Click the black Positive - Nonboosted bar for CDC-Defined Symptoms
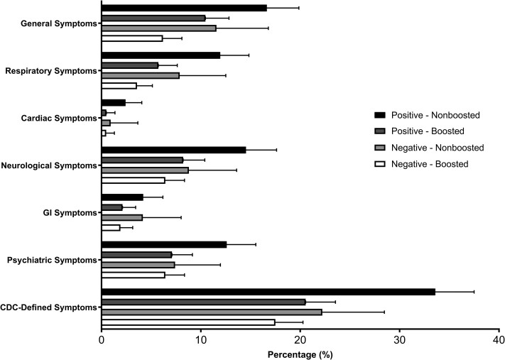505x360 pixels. tap(268, 292)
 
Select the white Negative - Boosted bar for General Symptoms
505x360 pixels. tap(132, 38)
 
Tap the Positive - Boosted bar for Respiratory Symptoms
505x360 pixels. tap(130, 65)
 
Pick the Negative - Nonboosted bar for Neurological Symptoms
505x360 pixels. tap(146, 170)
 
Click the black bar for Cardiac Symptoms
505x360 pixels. tap(114, 103)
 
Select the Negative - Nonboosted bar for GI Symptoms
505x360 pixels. tap(122, 218)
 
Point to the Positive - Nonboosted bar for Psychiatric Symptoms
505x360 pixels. tap(164, 245)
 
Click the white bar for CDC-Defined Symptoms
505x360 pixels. tap(188, 322)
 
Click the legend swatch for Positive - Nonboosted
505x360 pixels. tap(380, 115)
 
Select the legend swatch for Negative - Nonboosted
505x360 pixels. tap(380, 148)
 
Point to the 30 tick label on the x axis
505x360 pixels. tap(399, 340)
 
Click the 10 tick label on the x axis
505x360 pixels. tap(200, 340)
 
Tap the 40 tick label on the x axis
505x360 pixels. tap(499, 340)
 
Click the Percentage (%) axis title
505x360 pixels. tap(300, 355)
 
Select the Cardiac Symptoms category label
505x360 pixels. tap(59, 118)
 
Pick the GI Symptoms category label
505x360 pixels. tap(70, 213)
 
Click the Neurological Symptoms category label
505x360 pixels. tap(49, 165)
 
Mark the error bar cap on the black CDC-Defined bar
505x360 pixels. tap(474, 292)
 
